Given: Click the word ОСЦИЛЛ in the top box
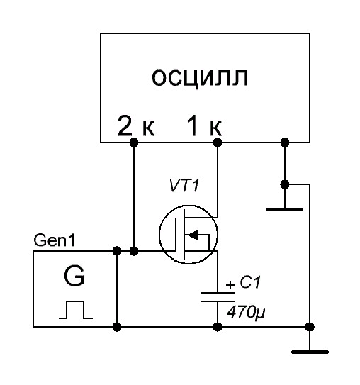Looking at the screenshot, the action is [x=200, y=77].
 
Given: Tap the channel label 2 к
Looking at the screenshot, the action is [x=136, y=126].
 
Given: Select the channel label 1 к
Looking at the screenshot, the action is [x=204, y=126].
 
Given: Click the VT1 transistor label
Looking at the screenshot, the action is [x=184, y=185].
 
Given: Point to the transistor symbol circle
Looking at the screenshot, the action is [x=159, y=235].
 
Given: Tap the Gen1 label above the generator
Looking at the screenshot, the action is [x=54, y=240].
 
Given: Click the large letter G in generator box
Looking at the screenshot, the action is [x=74, y=277].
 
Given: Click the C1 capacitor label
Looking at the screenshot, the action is [x=249, y=282].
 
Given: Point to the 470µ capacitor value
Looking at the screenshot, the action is [x=246, y=312].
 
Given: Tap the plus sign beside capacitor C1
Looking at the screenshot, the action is [x=230, y=285].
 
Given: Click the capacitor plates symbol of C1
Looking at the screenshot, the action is [x=218, y=297].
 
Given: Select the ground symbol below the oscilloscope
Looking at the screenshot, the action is [x=285, y=209].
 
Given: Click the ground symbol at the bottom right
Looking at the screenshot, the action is [x=310, y=352].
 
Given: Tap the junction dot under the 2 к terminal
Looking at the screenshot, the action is [x=134, y=143].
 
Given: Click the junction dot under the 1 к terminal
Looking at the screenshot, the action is [x=218, y=143].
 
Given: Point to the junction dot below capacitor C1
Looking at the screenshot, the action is [x=218, y=327].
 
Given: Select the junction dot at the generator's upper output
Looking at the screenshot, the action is [x=117, y=251].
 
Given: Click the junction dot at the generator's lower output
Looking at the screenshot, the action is [x=117, y=327].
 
